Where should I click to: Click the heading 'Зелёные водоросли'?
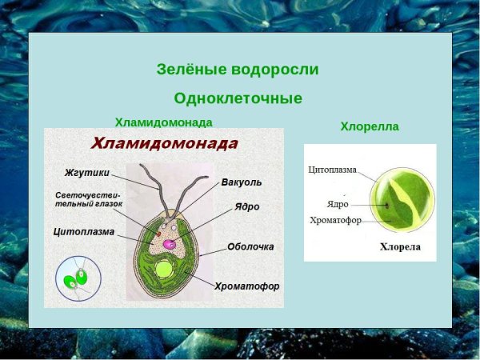[x=238, y=70]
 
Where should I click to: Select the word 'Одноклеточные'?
[x=238, y=98]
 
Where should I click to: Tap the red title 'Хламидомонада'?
[x=164, y=144]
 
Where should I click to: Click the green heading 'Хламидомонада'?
[x=163, y=122]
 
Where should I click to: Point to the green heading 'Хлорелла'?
[x=369, y=126]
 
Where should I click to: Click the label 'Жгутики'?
[x=86, y=172]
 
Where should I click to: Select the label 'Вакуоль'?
[x=241, y=182]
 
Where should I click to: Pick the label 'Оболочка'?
[x=250, y=246]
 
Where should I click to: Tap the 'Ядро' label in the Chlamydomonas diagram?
[x=246, y=206]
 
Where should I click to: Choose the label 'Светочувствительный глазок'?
[x=89, y=199]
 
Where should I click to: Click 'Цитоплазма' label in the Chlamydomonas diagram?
[x=84, y=232]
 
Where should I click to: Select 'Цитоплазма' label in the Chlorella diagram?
[x=332, y=170]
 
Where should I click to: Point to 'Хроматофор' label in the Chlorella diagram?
[x=334, y=220]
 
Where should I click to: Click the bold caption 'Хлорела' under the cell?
[x=399, y=247]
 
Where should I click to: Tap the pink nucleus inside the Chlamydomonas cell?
[x=170, y=244]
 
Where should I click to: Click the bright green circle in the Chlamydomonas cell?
[x=164, y=270]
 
